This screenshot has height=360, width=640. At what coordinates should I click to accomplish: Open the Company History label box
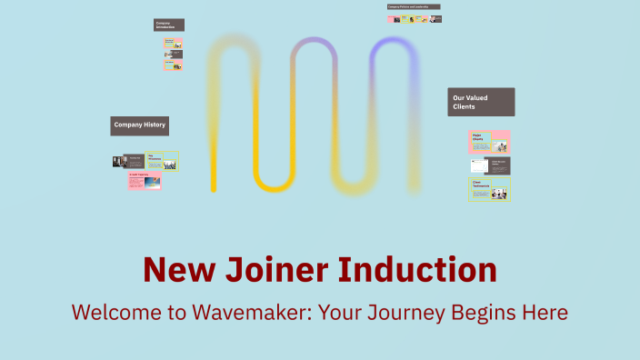tap(140, 126)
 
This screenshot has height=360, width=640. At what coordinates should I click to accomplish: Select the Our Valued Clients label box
tap(481, 102)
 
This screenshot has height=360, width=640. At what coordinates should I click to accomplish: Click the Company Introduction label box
tap(169, 25)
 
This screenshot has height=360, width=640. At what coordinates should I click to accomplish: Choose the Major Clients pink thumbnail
tap(489, 142)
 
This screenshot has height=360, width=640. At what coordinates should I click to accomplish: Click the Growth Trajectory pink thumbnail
tap(145, 180)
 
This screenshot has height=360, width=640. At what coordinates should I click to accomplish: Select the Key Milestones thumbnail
tap(163, 161)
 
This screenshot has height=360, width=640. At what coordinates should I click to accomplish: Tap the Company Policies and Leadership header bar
tap(414, 6)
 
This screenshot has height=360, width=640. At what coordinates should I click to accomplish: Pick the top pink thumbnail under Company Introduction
tap(174, 43)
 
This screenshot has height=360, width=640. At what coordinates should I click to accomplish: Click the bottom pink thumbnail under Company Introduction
tap(174, 65)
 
